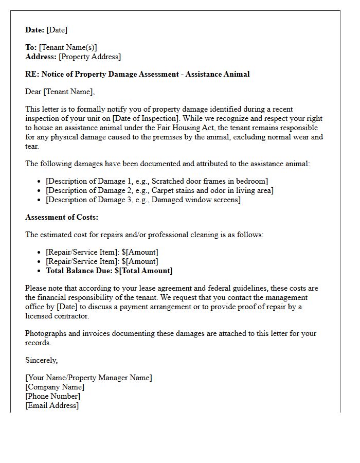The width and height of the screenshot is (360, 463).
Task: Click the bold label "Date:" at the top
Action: pos(35,30)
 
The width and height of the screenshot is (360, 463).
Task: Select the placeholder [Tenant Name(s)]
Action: pos(68,48)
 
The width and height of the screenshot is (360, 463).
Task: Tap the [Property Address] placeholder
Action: pos(90,57)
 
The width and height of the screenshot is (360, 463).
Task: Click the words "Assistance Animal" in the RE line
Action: pos(218,74)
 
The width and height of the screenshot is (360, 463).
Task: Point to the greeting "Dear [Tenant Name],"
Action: pos(60,92)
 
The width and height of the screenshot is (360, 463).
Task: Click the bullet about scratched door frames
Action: pos(157,181)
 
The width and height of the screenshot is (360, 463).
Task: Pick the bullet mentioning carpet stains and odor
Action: pos(159,190)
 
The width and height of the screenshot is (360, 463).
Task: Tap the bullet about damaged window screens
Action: pos(143,200)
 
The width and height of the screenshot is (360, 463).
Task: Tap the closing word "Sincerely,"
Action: pos(42,360)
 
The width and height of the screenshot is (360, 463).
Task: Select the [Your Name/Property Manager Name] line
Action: pos(88,378)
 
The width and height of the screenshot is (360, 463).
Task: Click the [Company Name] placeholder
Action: pos(55,387)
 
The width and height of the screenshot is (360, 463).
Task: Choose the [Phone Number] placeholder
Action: pos(52,396)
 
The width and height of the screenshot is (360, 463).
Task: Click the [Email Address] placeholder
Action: pos(52,405)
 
